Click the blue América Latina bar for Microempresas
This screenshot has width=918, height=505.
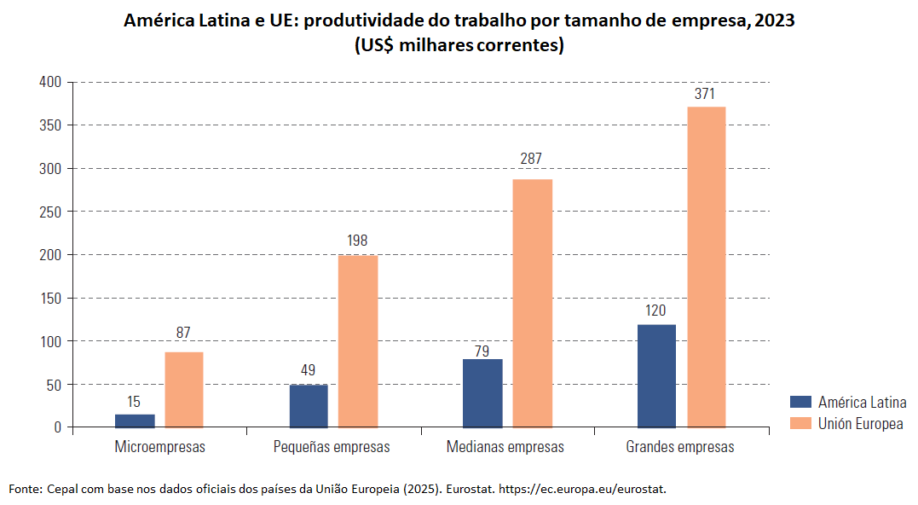(x=135, y=421)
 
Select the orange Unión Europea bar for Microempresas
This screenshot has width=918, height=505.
(x=184, y=389)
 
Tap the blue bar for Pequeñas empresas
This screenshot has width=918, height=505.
(x=309, y=405)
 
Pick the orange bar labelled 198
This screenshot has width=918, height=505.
(x=358, y=341)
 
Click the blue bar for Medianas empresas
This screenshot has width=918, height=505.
(x=482, y=392)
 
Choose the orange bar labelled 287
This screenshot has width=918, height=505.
(x=533, y=303)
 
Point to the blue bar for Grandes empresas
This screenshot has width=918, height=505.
(x=656, y=375)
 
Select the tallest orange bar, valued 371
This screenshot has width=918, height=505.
(x=707, y=266)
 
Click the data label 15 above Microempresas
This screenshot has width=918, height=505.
(x=134, y=401)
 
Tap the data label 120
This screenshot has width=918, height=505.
(x=655, y=311)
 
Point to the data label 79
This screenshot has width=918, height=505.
(x=482, y=351)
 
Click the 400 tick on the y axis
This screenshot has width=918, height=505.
(x=50, y=82)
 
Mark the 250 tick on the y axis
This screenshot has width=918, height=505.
(x=50, y=212)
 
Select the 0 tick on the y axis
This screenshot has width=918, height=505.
(x=58, y=427)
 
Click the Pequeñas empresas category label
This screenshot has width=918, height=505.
(x=332, y=447)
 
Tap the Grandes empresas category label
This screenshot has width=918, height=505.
(x=680, y=447)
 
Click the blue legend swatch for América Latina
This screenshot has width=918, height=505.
(x=801, y=403)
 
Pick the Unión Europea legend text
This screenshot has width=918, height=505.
(x=861, y=424)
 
